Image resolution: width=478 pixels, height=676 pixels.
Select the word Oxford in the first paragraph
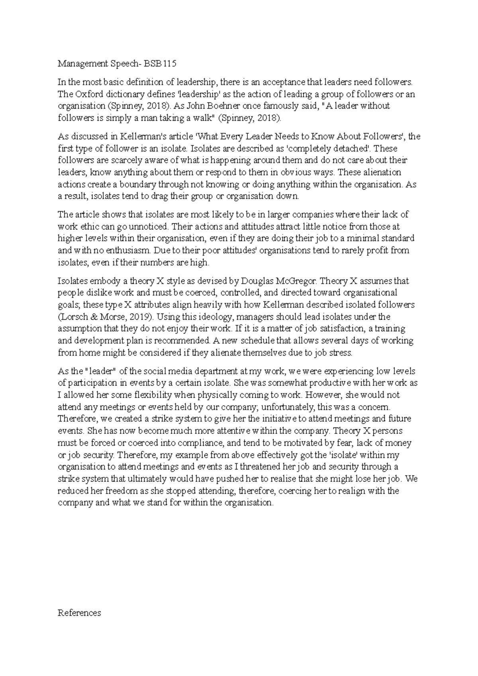click(x=86, y=94)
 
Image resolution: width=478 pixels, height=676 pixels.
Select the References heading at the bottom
click(x=79, y=613)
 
